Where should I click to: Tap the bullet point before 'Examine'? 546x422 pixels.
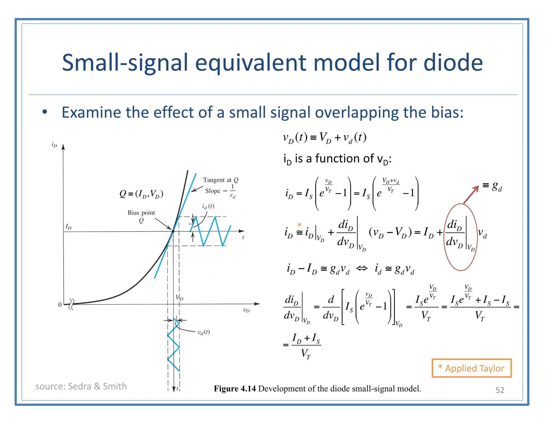pyautogui.click(x=45, y=112)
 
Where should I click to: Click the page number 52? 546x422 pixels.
pyautogui.click(x=500, y=390)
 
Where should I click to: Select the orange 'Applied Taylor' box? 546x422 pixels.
pyautogui.click(x=471, y=368)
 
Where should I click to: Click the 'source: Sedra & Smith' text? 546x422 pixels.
pyautogui.click(x=81, y=386)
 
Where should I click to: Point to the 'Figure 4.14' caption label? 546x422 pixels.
pyautogui.click(x=235, y=389)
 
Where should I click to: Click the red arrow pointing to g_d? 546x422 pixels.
pyautogui.click(x=471, y=195)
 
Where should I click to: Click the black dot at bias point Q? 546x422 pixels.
pyautogui.click(x=173, y=231)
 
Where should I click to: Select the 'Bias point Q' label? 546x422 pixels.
pyautogui.click(x=141, y=216)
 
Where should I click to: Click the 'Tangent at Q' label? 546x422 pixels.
pyautogui.click(x=220, y=180)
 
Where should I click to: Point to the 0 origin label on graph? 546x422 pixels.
pyautogui.click(x=60, y=305)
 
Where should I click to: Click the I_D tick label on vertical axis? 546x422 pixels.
pyautogui.click(x=68, y=227)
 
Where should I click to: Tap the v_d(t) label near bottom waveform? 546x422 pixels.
pyautogui.click(x=203, y=332)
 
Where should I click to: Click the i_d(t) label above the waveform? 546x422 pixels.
pyautogui.click(x=208, y=206)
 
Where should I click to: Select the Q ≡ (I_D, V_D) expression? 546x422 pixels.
pyautogui.click(x=141, y=194)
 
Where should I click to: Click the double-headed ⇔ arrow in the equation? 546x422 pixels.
pyautogui.click(x=362, y=268)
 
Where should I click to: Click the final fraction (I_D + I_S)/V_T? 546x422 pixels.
pyautogui.click(x=306, y=346)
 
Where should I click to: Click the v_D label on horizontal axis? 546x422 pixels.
pyautogui.click(x=246, y=310)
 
